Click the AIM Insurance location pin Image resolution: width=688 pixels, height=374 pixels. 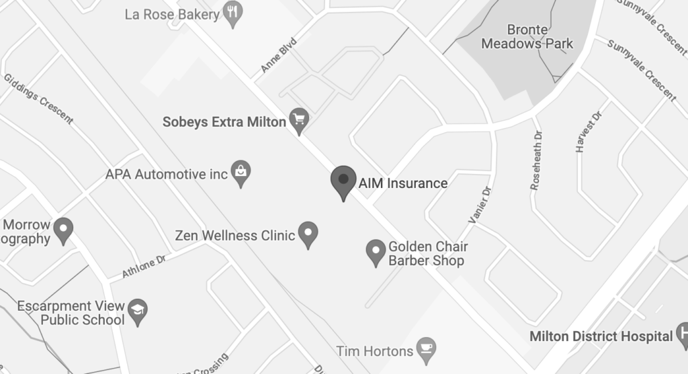point(343,181)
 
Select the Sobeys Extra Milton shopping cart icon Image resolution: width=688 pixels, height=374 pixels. point(298,120)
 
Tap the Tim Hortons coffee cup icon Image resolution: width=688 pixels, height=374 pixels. point(425,348)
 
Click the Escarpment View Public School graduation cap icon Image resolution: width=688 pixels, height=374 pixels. point(138,310)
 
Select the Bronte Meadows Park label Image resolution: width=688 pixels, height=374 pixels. point(537,37)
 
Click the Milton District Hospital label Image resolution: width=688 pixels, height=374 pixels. point(601,336)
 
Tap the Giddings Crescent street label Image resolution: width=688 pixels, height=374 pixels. point(38,98)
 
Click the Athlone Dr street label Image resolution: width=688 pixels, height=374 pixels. point(143,267)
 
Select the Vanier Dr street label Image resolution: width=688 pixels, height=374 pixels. point(480,205)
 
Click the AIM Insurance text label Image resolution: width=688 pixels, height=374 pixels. point(402,183)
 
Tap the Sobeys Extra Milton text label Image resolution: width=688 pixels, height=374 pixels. point(224,122)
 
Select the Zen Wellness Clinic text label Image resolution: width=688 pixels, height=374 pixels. point(234,236)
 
